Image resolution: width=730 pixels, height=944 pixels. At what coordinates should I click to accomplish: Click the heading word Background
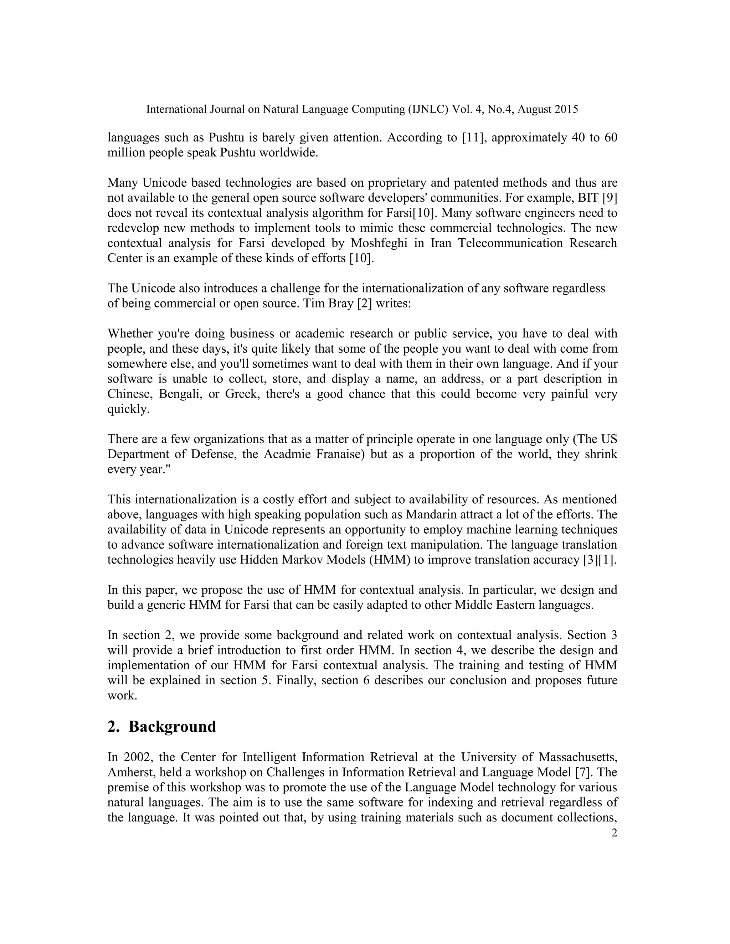(172, 727)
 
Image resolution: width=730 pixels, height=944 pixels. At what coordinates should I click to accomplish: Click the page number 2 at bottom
(614, 833)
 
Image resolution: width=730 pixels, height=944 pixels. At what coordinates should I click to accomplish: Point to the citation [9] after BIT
(609, 198)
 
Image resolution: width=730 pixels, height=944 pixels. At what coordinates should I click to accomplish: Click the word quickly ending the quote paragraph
(128, 409)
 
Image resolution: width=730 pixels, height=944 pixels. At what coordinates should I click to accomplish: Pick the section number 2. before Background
(113, 727)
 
